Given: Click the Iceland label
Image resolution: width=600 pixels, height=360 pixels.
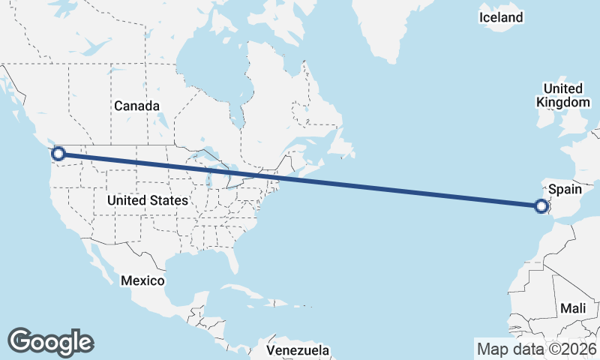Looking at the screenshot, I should point(502,17).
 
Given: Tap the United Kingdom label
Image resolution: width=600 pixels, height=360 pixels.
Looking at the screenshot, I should point(562,95).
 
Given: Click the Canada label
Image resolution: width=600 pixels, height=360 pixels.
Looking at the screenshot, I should point(136,106).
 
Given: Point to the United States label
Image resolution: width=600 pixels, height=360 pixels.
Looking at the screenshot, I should point(147,200).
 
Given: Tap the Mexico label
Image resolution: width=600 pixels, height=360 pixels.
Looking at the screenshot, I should point(142,280).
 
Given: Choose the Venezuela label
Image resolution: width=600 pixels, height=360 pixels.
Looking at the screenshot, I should point(298,349).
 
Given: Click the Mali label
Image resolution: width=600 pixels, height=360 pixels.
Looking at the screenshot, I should point(573,308).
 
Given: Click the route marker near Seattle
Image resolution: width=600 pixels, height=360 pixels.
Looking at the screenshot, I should point(58,154).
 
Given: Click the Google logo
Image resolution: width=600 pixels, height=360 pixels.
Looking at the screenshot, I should point(50,341).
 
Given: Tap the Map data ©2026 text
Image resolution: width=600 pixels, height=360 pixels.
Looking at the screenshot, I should point(536,349).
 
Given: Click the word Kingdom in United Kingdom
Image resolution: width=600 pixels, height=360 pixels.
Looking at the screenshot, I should point(562,103).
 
